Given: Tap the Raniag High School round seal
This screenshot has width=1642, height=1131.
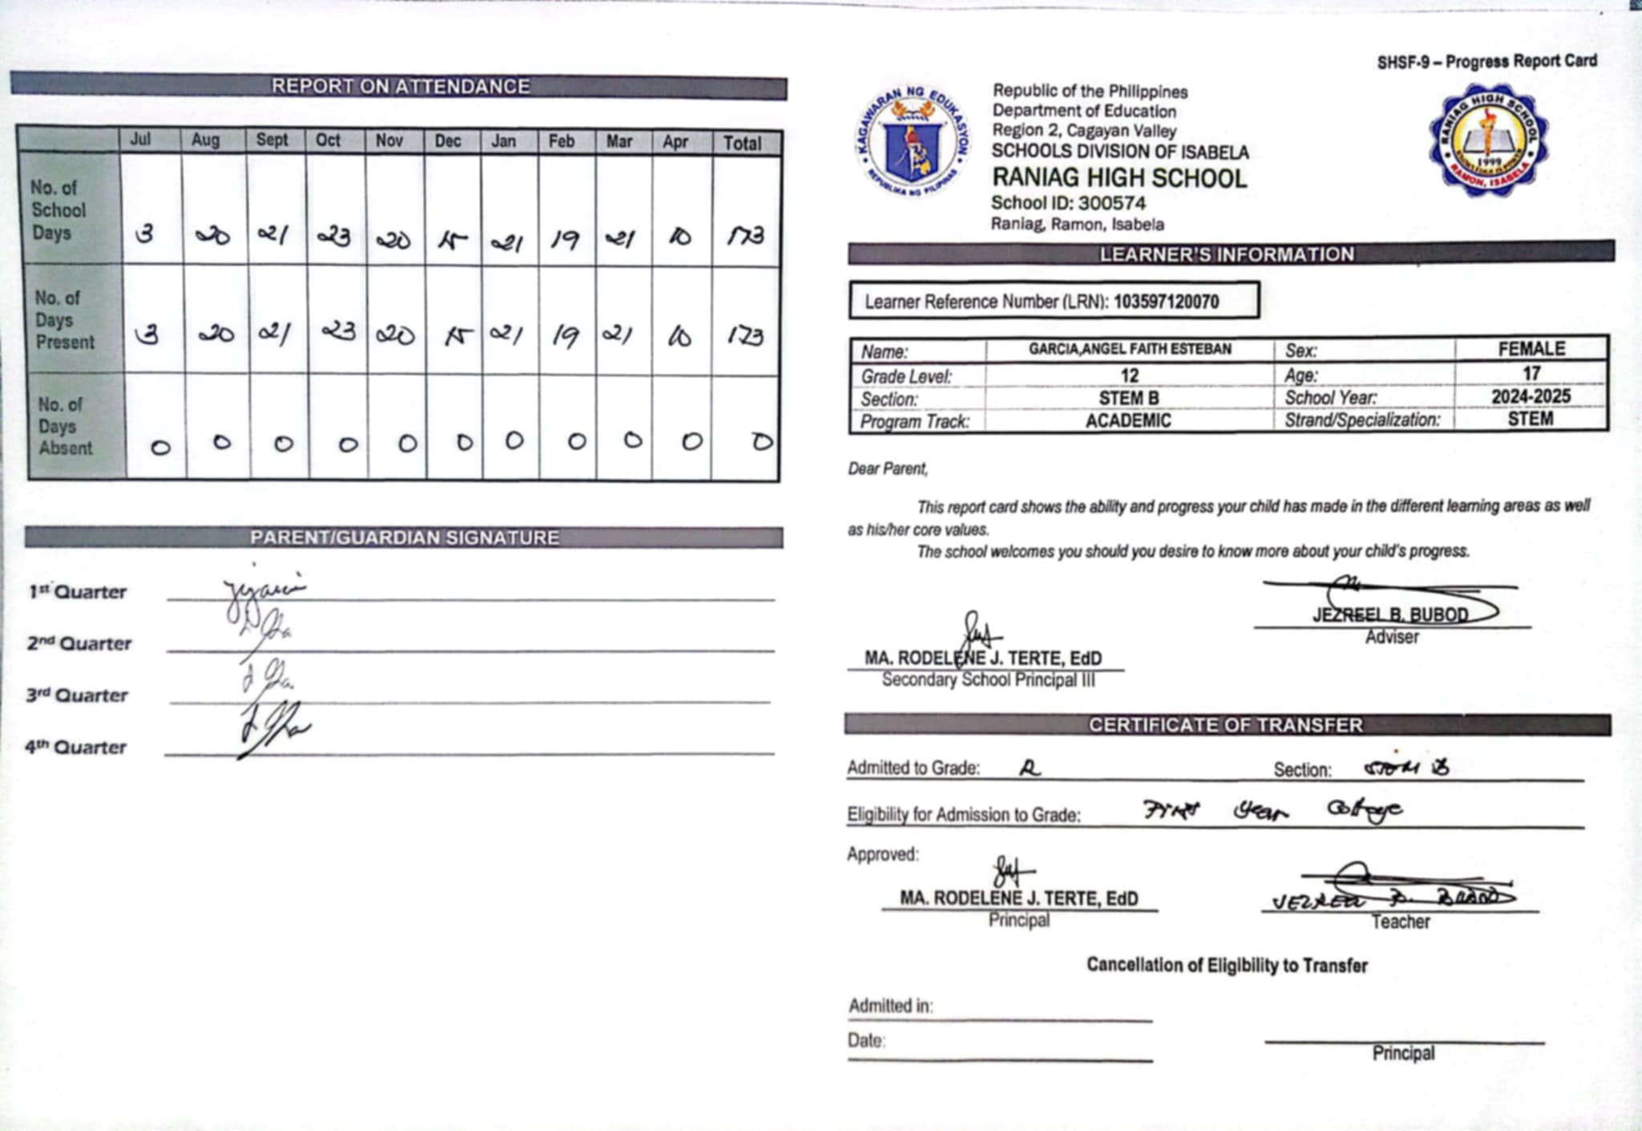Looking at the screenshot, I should tap(1488, 141).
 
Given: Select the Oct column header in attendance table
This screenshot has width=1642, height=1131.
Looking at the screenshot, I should tap(327, 140).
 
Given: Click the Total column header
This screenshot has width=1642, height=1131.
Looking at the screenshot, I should tap(742, 143).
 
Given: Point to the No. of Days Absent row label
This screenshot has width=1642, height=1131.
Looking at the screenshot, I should tap(66, 426).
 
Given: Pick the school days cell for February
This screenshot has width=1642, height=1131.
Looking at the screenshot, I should tap(565, 238).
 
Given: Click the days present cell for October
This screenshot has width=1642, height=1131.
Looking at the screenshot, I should tap(338, 331).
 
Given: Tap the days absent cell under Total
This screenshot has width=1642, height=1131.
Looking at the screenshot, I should tap(762, 441).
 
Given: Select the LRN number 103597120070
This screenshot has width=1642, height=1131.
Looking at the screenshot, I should tap(1166, 302).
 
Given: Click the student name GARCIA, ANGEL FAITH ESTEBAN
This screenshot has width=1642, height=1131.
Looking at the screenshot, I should tap(1130, 349).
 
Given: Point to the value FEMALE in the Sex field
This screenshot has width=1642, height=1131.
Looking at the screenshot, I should tap(1531, 349).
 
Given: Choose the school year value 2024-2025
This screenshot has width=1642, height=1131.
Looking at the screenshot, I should tap(1531, 396).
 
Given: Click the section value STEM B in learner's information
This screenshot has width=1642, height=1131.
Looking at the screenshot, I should tap(1129, 398).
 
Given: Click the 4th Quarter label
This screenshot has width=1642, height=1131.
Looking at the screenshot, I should tap(75, 747).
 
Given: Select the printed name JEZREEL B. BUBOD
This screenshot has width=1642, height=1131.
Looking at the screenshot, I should tap(1390, 615).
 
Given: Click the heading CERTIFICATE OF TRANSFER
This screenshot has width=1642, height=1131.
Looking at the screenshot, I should tap(1225, 725).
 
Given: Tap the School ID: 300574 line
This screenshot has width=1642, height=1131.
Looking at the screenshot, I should tap(1068, 203).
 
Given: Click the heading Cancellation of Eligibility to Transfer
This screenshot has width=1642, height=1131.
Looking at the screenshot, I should tap(1227, 965).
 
